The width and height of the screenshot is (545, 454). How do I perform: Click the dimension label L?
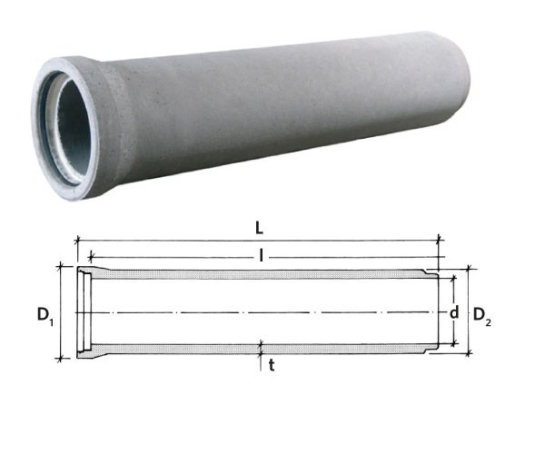coord(259,228)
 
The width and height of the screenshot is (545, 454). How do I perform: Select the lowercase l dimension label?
coord(261,257)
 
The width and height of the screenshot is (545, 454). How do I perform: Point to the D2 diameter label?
coord(482,317)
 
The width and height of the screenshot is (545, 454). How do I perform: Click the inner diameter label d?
coord(454,312)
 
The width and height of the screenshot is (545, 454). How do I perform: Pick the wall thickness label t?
coord(272,365)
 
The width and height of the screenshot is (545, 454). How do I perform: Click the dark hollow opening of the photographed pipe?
coord(72,128)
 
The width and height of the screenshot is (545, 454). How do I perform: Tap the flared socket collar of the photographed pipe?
coord(66,128)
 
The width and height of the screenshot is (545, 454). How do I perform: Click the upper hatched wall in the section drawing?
coord(257,274)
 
